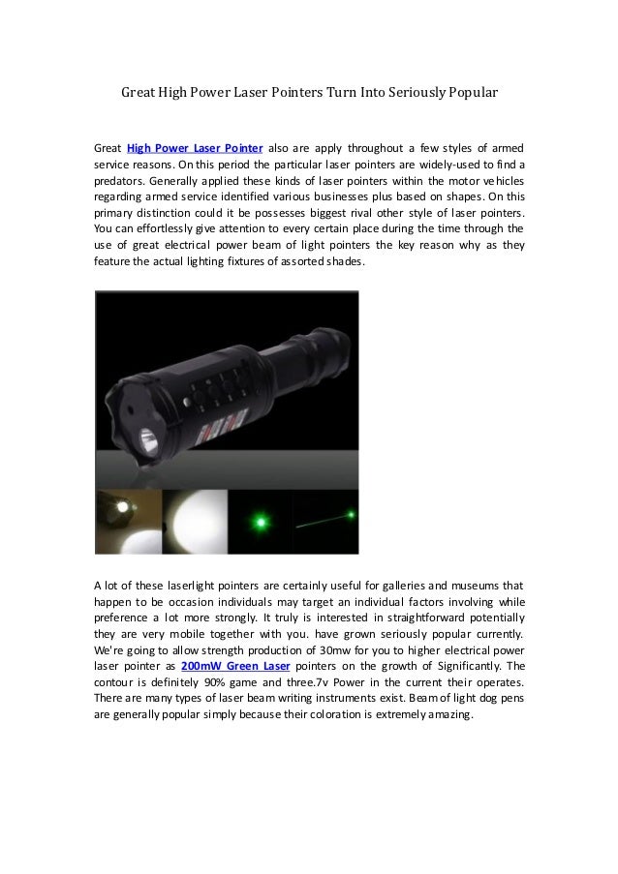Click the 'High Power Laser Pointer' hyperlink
(x=195, y=148)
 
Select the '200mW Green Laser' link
(x=235, y=666)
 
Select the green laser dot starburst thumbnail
(x=261, y=522)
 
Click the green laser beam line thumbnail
(x=325, y=522)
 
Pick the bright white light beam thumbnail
(x=195, y=522)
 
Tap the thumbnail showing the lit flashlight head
(x=128, y=522)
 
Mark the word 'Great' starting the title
(x=138, y=94)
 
